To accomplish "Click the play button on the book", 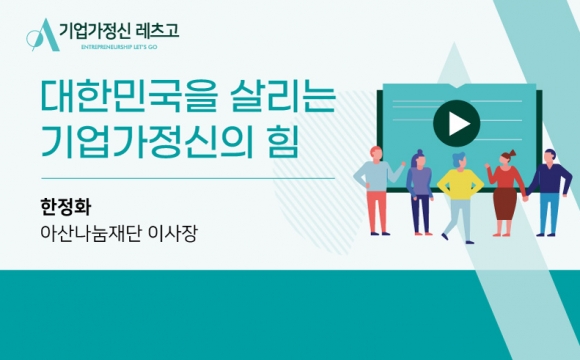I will (456, 122).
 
